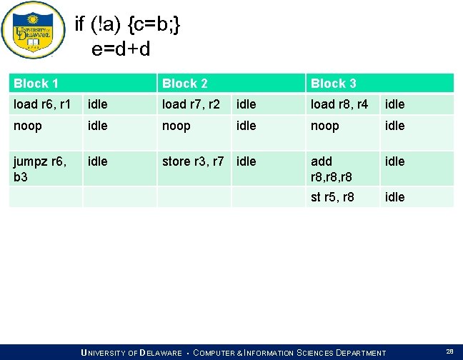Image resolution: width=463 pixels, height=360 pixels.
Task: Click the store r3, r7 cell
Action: [x=195, y=161]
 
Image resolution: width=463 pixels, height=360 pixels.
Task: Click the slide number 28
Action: [x=449, y=351]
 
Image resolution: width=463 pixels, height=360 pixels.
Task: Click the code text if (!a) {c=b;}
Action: [x=128, y=25]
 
